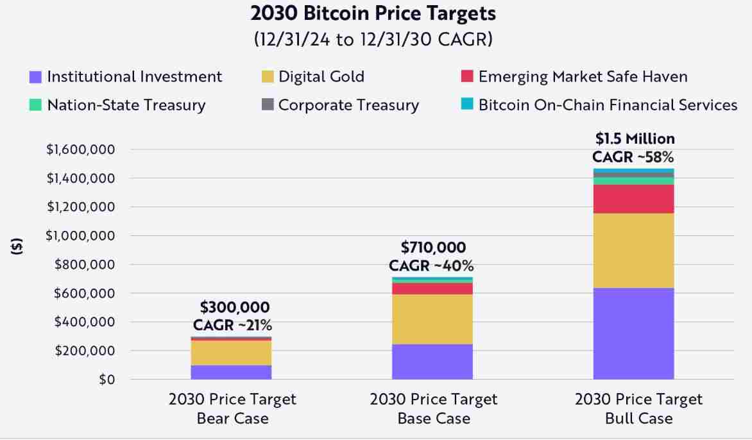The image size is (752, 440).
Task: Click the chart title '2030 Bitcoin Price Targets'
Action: pos(373,13)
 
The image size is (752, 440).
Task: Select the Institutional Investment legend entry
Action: pos(126,77)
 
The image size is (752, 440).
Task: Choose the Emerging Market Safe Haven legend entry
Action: pos(574,77)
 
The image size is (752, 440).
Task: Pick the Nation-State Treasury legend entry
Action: pos(117,105)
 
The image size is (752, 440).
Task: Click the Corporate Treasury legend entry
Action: pos(340,105)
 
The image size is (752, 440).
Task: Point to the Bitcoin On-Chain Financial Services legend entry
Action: pos(599,105)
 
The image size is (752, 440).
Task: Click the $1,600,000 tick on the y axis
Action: pos(80,149)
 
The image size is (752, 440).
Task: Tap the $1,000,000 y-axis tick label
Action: pos(80,236)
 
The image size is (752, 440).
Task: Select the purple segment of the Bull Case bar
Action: pos(633,334)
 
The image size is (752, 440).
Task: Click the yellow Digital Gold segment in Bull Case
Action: pos(633,250)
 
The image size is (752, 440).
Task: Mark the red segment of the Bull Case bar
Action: pos(633,199)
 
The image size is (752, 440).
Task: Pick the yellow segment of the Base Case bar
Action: pos(432,319)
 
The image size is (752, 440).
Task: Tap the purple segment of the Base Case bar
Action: pos(432,362)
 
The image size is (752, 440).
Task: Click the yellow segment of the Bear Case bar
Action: pos(231,353)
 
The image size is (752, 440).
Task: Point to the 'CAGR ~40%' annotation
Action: pos(431,266)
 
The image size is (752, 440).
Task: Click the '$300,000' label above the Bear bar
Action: pos(235,307)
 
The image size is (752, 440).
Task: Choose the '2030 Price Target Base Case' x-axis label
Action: pos(433,409)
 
